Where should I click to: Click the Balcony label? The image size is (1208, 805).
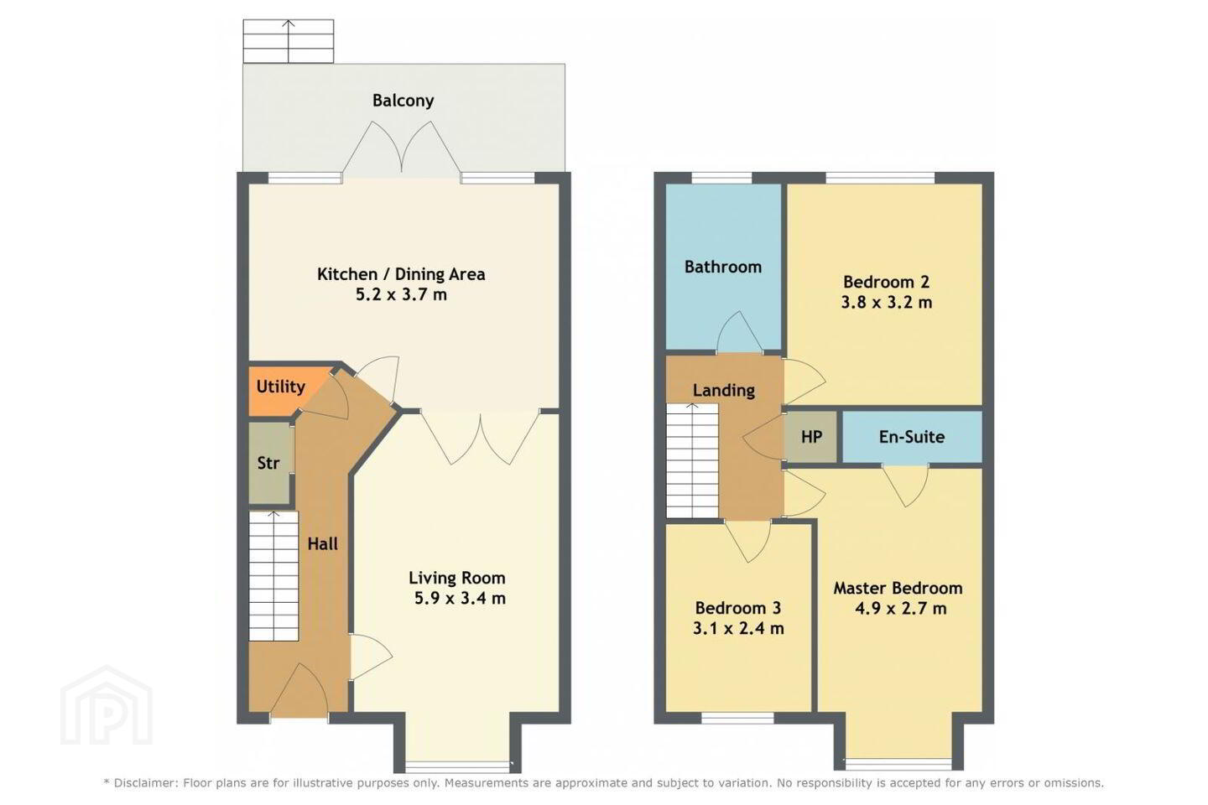point(403,101)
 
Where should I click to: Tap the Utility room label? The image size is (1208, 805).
point(280,387)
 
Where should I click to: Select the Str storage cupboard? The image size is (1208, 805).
point(268,463)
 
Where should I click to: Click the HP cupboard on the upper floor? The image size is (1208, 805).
point(811,437)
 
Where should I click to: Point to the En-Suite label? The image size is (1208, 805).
point(911,437)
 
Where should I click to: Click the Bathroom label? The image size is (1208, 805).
point(722,267)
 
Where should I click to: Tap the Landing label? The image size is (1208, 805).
point(723,391)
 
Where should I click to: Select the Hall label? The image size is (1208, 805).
point(322,543)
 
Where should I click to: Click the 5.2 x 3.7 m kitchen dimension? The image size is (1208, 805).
point(401,295)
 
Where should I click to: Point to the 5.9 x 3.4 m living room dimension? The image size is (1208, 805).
point(460,599)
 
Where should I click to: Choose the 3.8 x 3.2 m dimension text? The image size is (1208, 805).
point(887,303)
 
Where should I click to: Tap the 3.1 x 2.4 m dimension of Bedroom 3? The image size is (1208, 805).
point(738,629)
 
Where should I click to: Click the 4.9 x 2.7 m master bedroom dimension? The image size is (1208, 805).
point(901,609)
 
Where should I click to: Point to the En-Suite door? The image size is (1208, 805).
point(905,486)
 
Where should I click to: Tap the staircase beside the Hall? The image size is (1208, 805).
point(273,575)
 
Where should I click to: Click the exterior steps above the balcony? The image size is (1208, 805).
point(289,42)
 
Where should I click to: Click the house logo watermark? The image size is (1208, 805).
point(107,705)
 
